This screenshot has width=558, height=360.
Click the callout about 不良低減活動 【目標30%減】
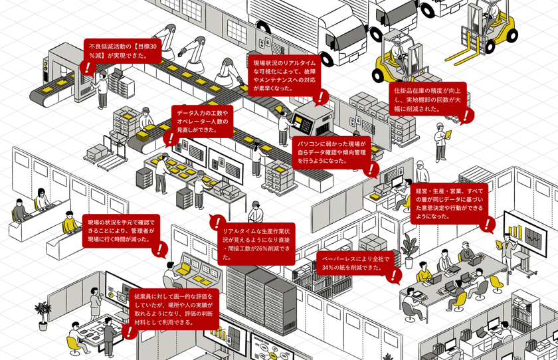pyautogui.click(x=124, y=50)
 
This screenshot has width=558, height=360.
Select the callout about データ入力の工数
pyautogui.click(x=203, y=122)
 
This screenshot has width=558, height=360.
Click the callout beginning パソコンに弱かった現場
pyautogui.click(x=331, y=151)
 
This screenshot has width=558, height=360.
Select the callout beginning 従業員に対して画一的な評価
pyautogui.click(x=175, y=308)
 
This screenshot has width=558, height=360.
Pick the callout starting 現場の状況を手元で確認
pyautogui.click(x=120, y=229)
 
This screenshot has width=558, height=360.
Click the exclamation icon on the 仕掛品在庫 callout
pyautogui.click(x=468, y=116)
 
